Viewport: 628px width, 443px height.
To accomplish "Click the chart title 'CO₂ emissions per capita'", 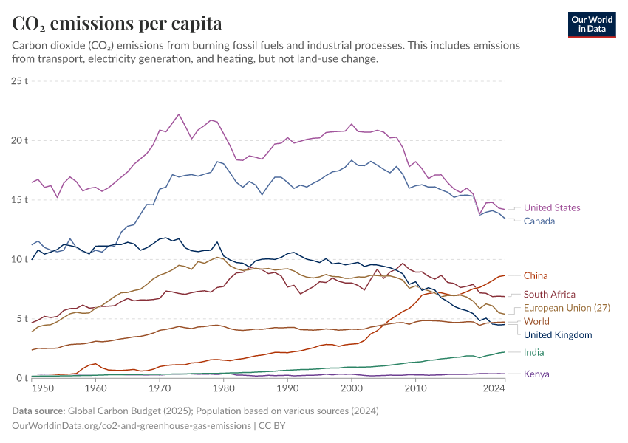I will pyautogui.click(x=117, y=24).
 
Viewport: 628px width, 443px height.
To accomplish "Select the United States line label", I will pyautogui.click(x=552, y=208).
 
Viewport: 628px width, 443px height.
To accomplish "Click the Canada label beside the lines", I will pyautogui.click(x=539, y=221).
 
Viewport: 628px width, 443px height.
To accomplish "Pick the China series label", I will pyautogui.click(x=536, y=276).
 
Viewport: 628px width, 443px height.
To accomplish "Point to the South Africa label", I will pyautogui.click(x=550, y=295).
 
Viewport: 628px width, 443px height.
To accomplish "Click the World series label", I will pyautogui.click(x=536, y=321).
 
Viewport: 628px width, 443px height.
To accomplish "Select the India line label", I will pyautogui.click(x=533, y=353).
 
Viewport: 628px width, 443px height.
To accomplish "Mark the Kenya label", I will pyautogui.click(x=536, y=374).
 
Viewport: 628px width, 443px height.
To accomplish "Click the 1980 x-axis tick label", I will pyautogui.click(x=224, y=388).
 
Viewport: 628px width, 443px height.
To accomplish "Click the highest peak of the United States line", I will pyautogui.click(x=179, y=114).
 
